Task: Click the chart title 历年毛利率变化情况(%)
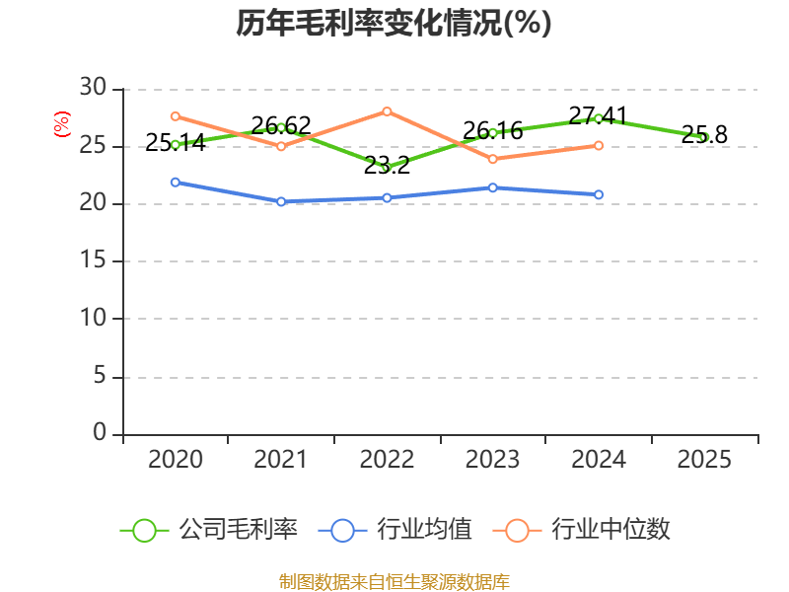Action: (394, 23)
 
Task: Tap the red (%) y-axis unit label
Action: (62, 124)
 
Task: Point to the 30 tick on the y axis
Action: (93, 87)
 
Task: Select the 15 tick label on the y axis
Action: (93, 259)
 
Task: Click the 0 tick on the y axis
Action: (100, 432)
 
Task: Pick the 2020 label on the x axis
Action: (176, 459)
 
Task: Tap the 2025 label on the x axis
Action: (704, 459)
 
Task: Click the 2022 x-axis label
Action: (387, 459)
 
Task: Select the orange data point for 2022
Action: (387, 111)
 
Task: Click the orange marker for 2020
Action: (176, 116)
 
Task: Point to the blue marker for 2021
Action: (281, 201)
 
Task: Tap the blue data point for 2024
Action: (599, 194)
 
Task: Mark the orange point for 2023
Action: (492, 159)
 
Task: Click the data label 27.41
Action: (598, 116)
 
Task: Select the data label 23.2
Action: (387, 166)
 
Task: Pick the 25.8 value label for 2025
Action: (704, 135)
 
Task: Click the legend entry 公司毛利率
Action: (209, 530)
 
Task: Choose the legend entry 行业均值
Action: (395, 530)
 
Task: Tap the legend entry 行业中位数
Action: (581, 530)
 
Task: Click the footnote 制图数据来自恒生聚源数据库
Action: (394, 581)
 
